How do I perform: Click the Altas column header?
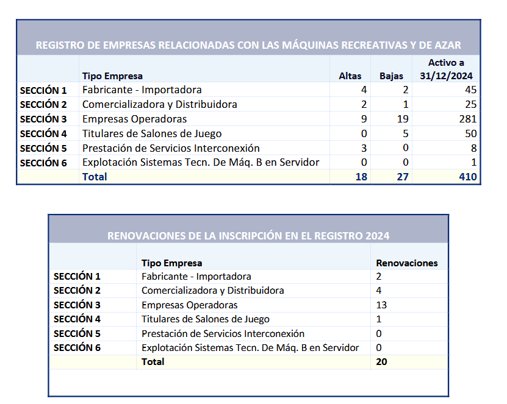point(350,76)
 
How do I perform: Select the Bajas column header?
point(392,76)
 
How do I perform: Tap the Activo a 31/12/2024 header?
point(447,69)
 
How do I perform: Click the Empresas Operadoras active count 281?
point(468,119)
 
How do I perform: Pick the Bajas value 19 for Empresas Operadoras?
point(402,119)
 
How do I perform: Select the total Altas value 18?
point(361,177)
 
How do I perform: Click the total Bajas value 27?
point(402,177)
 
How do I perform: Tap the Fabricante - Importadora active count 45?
point(470,90)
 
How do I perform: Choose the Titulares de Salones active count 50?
point(470,133)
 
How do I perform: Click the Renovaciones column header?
point(407,263)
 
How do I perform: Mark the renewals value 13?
point(382,305)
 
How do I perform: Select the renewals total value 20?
point(382,361)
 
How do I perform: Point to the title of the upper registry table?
point(248,45)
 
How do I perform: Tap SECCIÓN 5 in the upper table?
point(43,148)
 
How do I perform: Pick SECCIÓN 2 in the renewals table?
point(77,290)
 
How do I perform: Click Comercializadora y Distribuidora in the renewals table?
point(212,290)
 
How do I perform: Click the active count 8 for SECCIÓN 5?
point(473,148)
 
